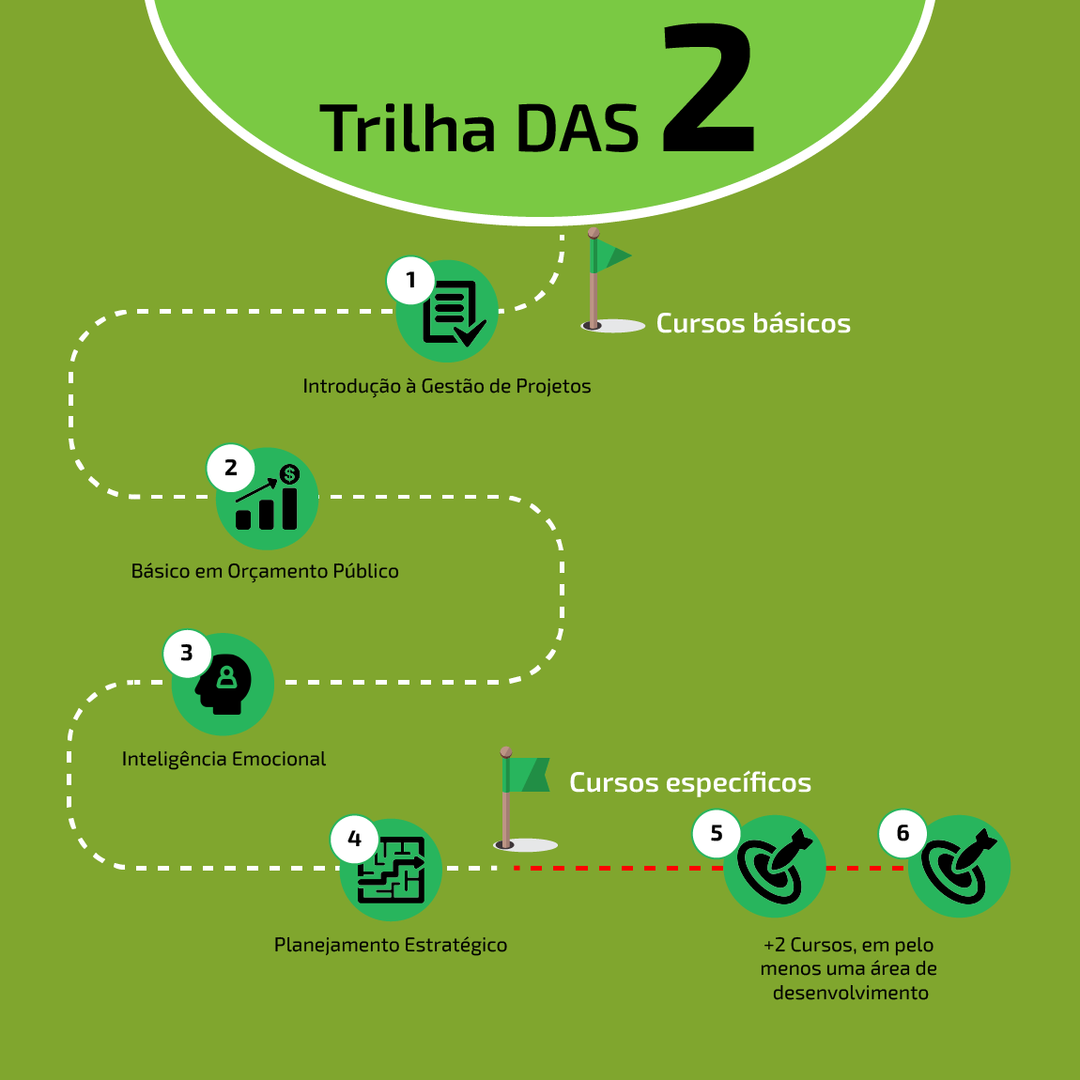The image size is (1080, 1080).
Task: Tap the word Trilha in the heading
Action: point(408,129)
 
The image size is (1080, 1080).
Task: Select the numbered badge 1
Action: point(410,280)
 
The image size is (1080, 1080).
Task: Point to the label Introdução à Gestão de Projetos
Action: point(446,386)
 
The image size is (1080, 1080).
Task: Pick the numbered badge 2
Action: point(231,468)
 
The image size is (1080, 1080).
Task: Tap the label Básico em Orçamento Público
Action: point(265,571)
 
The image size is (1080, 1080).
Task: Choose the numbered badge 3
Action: point(187,653)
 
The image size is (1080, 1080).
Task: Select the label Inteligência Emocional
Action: point(224,759)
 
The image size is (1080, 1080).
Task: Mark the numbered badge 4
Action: point(354,839)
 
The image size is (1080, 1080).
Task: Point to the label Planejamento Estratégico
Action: point(391,945)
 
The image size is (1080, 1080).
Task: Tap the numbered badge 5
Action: point(717,834)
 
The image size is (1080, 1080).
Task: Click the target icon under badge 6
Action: point(960,867)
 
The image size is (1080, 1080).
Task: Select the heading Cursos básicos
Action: point(753,323)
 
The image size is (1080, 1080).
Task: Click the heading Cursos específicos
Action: point(690,782)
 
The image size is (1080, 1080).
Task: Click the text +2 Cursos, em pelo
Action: point(849,945)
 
